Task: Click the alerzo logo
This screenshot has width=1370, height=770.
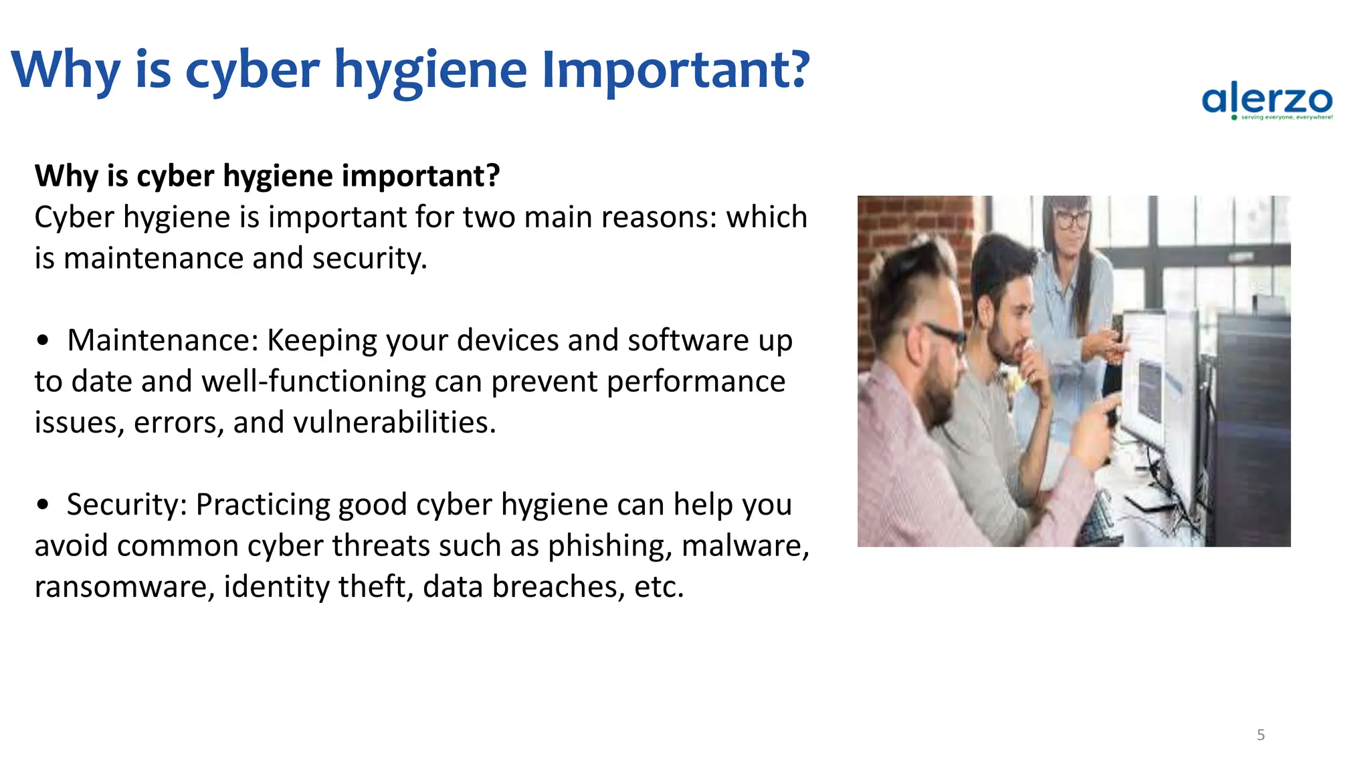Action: click(1267, 102)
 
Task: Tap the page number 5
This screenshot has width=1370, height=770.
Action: click(1260, 735)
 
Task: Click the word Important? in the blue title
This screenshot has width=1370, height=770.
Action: click(676, 70)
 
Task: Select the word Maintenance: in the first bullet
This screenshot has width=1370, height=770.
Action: click(163, 340)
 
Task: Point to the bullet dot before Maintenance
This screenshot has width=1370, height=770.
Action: click(43, 341)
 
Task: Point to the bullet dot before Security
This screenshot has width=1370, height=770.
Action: click(43, 505)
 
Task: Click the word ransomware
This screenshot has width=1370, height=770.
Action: click(124, 587)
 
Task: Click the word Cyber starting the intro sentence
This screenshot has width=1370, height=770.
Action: click(74, 217)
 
